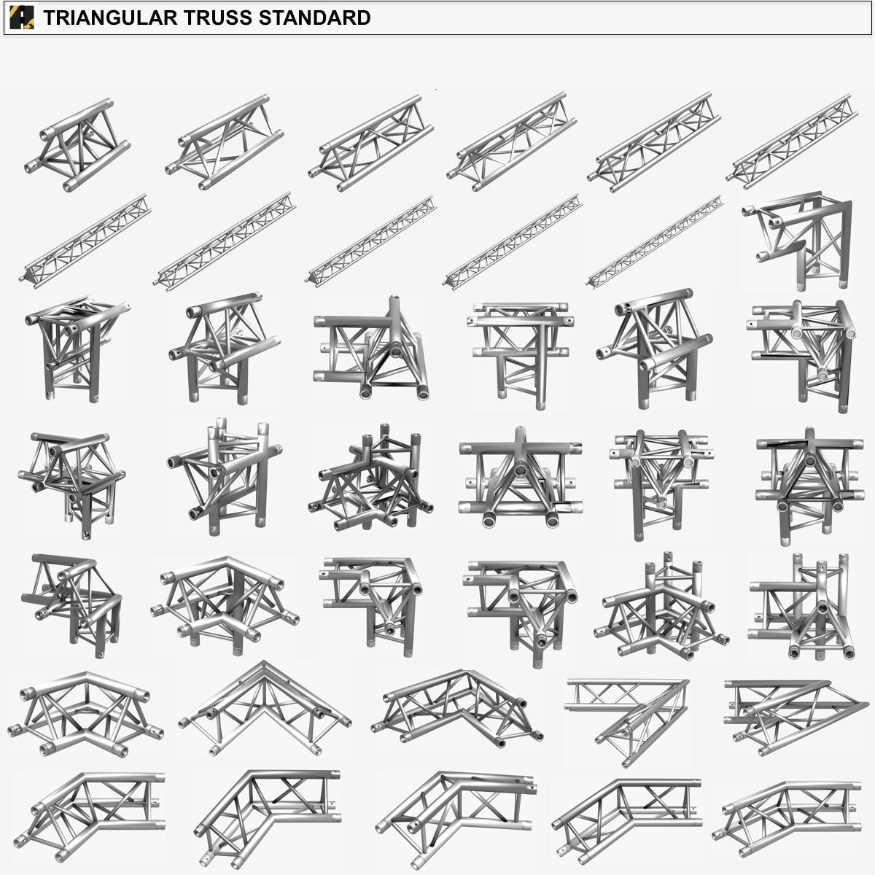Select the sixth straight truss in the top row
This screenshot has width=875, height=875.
click(x=792, y=141)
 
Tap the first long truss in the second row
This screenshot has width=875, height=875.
click(x=86, y=238)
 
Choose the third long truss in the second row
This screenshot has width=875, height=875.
click(x=372, y=239)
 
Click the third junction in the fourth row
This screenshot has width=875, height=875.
click(x=369, y=478)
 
